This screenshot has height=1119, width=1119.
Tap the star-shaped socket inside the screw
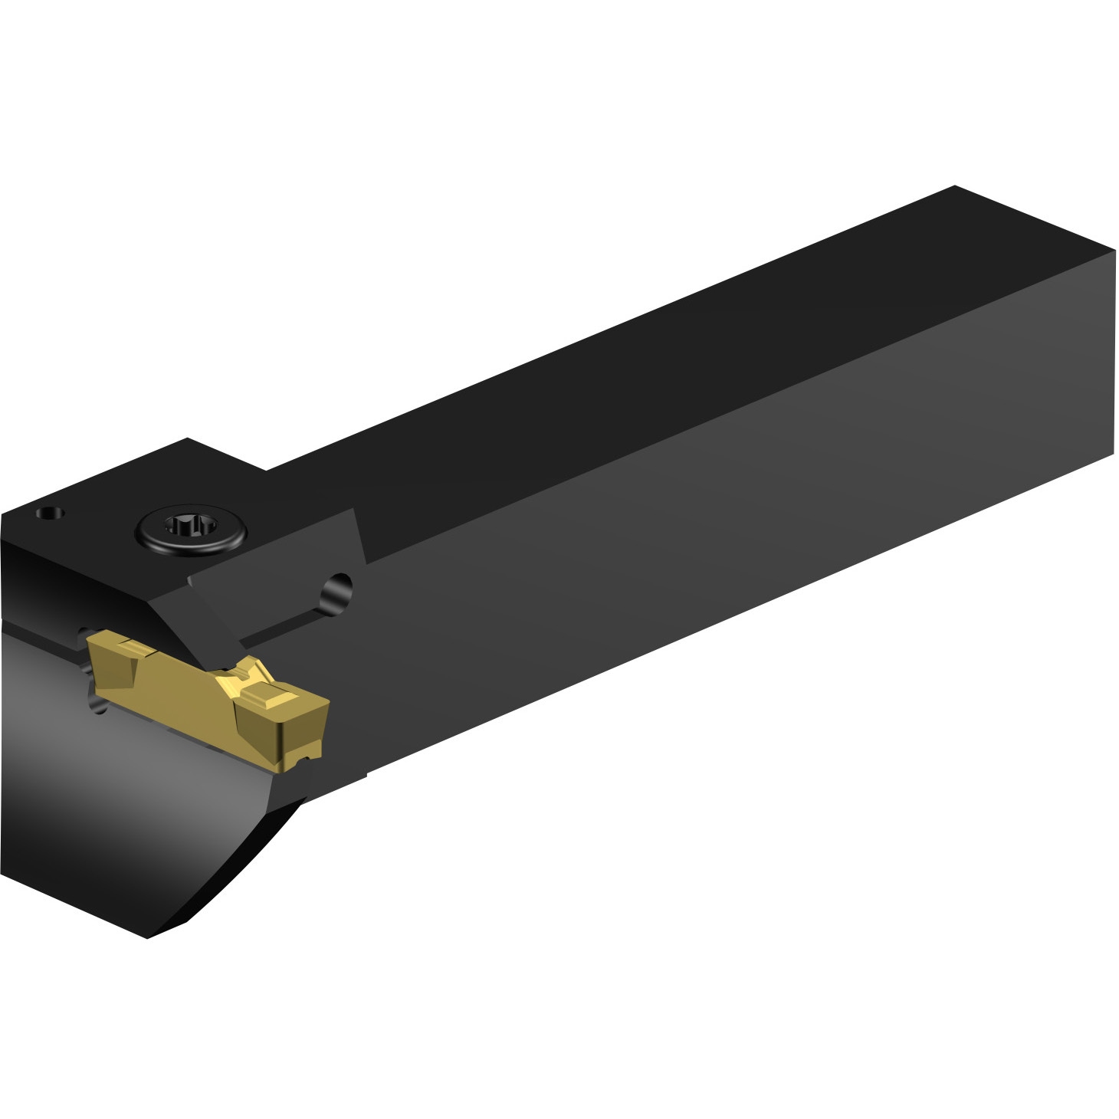tap(192, 527)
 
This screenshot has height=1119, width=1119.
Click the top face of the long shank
tap(651, 345)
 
